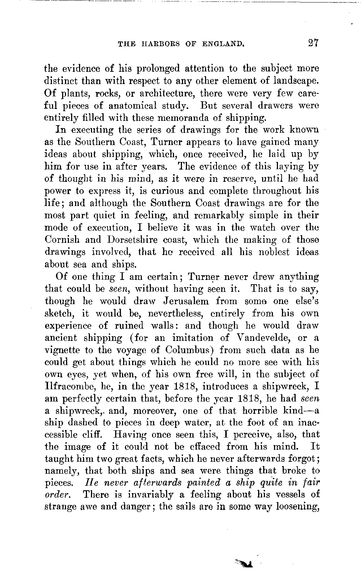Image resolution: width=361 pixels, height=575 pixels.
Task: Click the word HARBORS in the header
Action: pyautogui.click(x=154, y=44)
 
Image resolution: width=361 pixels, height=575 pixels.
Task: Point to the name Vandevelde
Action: pyautogui.click(x=264, y=338)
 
